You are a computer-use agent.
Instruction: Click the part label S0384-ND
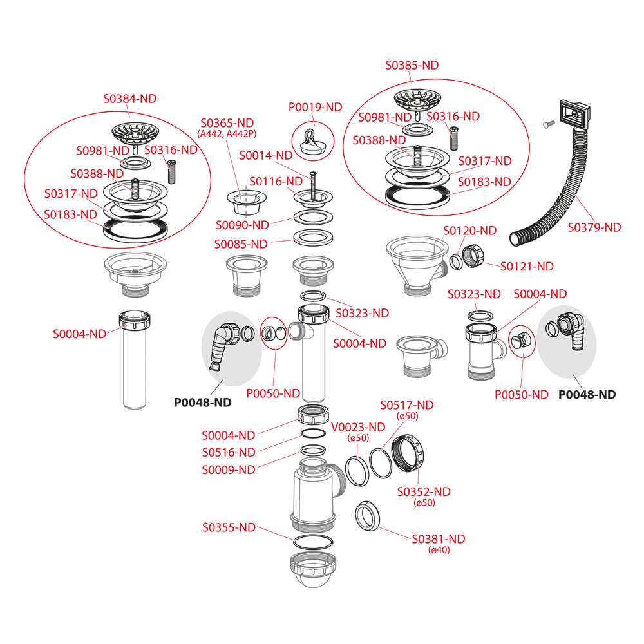[x=130, y=99]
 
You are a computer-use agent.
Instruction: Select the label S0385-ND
[x=412, y=66]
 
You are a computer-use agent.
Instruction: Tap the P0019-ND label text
[x=315, y=107]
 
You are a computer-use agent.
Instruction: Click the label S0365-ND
[x=227, y=122]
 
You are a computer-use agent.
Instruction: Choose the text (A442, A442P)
[x=227, y=133]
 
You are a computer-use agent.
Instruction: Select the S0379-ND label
[x=594, y=227]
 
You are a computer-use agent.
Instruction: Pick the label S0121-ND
[x=527, y=266]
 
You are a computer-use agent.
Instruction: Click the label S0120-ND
[x=469, y=231]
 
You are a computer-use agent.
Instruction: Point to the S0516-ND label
[x=228, y=452]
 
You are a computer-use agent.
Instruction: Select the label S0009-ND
[x=228, y=469]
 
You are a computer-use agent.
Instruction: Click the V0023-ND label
[x=357, y=427]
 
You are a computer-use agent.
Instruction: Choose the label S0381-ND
[x=438, y=539]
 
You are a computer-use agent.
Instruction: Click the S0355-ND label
[x=229, y=527]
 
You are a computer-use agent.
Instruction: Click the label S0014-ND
[x=266, y=155]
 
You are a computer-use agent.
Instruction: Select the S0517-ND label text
[x=406, y=405]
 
